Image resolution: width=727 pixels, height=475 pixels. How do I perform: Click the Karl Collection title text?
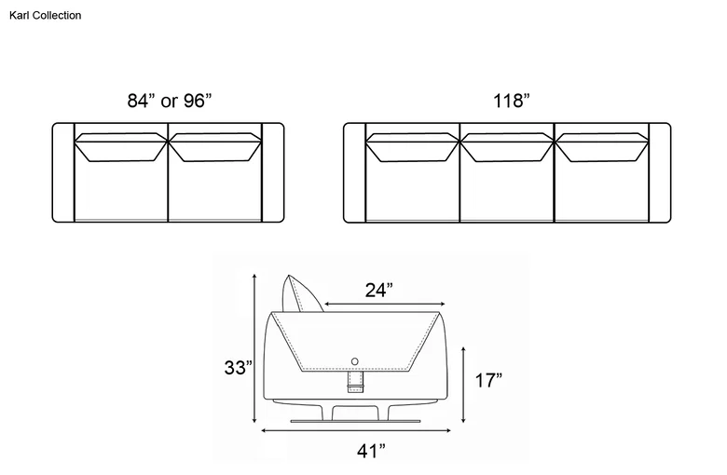click(45, 15)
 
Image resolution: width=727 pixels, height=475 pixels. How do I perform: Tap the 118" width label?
click(511, 100)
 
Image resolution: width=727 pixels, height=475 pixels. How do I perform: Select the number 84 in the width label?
click(138, 100)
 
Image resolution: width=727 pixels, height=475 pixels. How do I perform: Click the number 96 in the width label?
click(194, 100)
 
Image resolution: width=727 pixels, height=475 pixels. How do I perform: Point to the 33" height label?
click(239, 368)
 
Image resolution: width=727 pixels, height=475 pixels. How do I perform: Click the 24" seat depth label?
click(378, 290)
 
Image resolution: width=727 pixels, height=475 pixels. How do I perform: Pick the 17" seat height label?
click(488, 380)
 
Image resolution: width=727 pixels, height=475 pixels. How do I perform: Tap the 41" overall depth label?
click(371, 451)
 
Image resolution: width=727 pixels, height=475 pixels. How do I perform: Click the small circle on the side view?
click(355, 361)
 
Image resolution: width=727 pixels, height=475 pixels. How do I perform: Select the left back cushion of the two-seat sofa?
click(121, 147)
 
